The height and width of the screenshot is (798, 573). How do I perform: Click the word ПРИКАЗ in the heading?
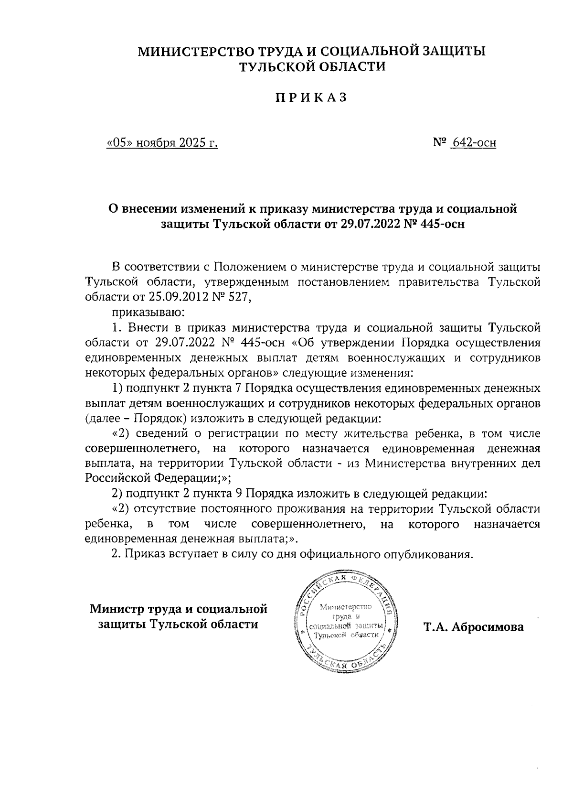coord(311,97)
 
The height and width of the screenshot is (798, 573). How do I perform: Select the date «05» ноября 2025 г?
coord(162,142)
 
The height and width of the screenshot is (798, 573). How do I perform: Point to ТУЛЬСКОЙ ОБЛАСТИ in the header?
coord(311,67)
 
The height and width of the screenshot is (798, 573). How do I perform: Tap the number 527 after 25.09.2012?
coord(238,297)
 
